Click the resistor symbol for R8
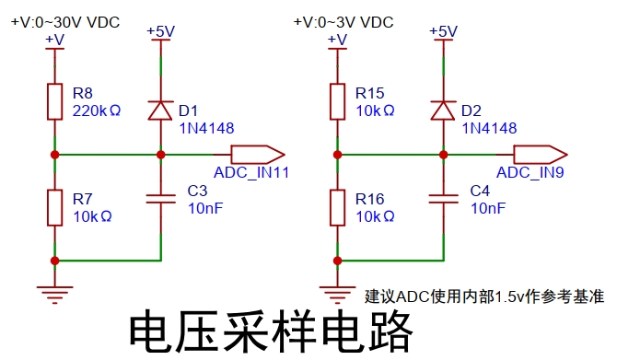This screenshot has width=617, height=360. tap(54, 101)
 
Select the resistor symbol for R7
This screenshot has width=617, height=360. tap(54, 208)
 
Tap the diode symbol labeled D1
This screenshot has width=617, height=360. tap(160, 110)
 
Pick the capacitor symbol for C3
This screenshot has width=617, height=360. tap(160, 199)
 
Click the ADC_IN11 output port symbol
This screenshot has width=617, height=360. tap(258, 155)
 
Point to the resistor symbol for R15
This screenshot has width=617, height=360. tap(337, 101)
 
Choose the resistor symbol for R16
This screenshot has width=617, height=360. tap(337, 208)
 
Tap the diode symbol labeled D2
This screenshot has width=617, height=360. tap(444, 110)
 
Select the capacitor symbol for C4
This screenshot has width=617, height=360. tap(444, 199)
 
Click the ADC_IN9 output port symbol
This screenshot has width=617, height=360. tap(541, 155)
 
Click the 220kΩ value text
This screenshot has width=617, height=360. tap(97, 111)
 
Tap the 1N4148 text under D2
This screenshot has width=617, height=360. tap(489, 128)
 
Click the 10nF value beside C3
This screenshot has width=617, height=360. tap(205, 208)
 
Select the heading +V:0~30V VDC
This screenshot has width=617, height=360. tap(65, 22)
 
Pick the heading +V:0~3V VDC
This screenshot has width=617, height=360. tap(343, 22)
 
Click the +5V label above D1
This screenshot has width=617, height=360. tap(160, 31)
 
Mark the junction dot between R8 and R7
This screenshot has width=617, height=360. tap(54, 155)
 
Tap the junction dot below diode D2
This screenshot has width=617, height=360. tap(444, 155)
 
